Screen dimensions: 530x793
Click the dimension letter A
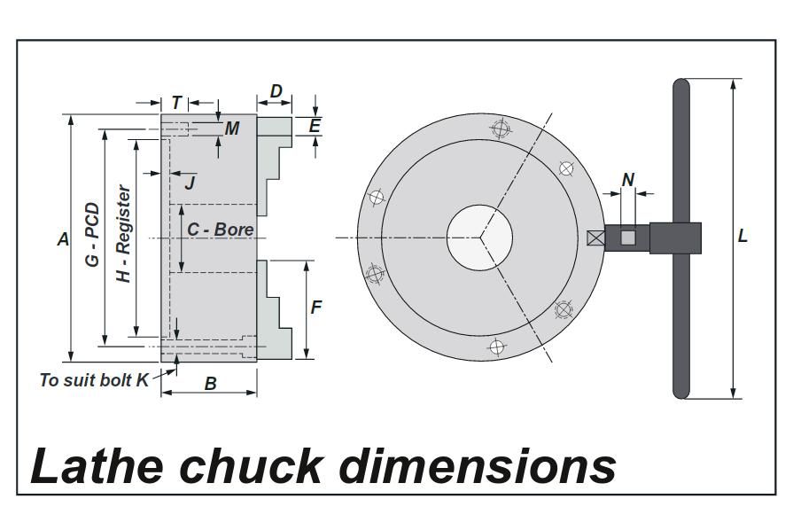point(63,238)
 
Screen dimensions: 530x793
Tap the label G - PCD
point(91,237)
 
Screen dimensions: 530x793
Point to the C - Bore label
point(220,230)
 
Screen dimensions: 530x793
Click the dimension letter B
point(211,384)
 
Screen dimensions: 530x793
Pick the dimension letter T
point(176,103)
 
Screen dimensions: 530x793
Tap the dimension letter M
point(232,129)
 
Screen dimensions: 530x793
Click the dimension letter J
point(189,183)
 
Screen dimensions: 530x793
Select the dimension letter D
point(276,92)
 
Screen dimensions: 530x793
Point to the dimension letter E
point(315,126)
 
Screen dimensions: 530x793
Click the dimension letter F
point(315,308)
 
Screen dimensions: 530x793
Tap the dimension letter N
point(628,180)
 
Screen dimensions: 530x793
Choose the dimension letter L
point(742,237)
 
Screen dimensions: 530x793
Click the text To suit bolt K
point(94,380)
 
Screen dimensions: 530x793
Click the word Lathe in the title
point(93,464)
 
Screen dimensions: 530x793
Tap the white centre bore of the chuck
point(479,238)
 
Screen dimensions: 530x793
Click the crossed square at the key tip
point(595,238)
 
